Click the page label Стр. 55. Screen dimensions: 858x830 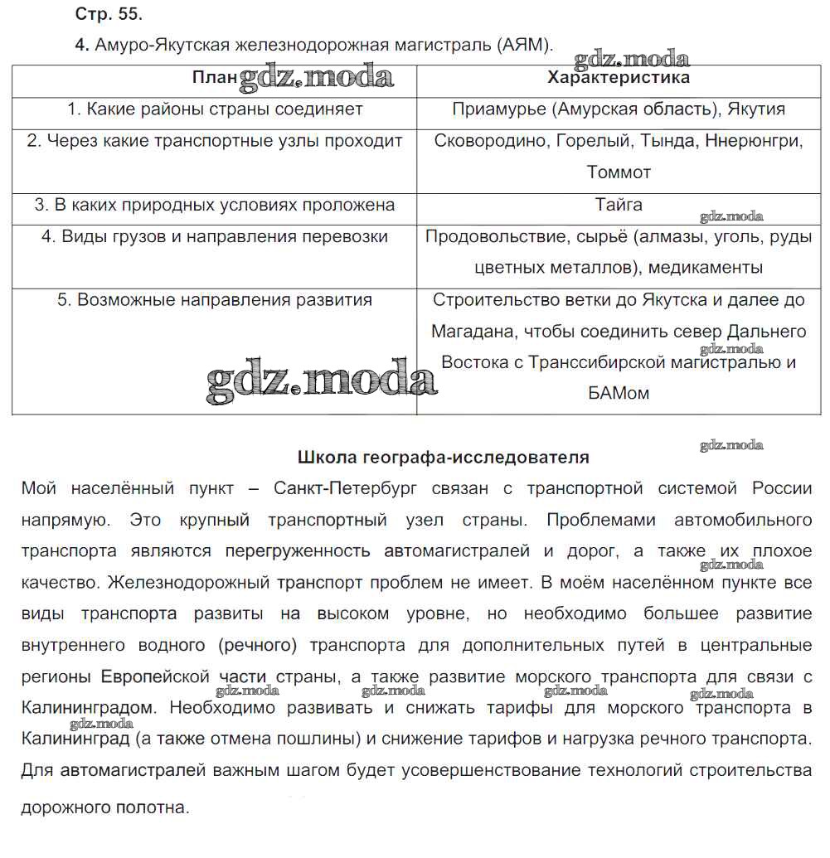[108, 15]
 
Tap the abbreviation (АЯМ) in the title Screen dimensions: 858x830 [525, 45]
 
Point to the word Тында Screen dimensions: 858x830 [667, 141]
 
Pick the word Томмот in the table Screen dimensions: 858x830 [619, 172]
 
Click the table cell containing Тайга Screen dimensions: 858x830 [619, 205]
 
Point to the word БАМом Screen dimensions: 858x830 [619, 394]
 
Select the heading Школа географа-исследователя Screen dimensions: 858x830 [443, 457]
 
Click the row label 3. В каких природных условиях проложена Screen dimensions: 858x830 [215, 205]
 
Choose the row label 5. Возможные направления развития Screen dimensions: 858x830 [215, 300]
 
